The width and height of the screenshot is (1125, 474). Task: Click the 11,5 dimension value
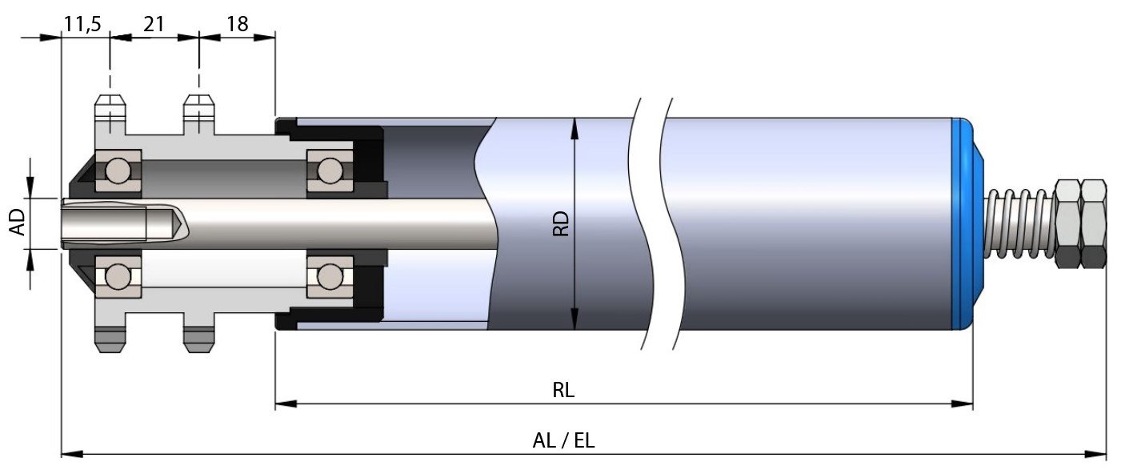[82, 24]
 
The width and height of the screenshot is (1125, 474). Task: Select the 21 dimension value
[154, 24]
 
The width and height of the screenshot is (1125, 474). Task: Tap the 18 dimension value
[238, 24]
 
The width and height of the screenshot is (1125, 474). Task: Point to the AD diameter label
[18, 223]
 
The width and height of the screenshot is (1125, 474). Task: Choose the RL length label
[563, 391]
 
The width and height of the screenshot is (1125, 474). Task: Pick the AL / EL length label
[563, 441]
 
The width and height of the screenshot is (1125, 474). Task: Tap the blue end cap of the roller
[966, 223]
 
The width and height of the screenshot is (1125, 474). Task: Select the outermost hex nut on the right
[1093, 223]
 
